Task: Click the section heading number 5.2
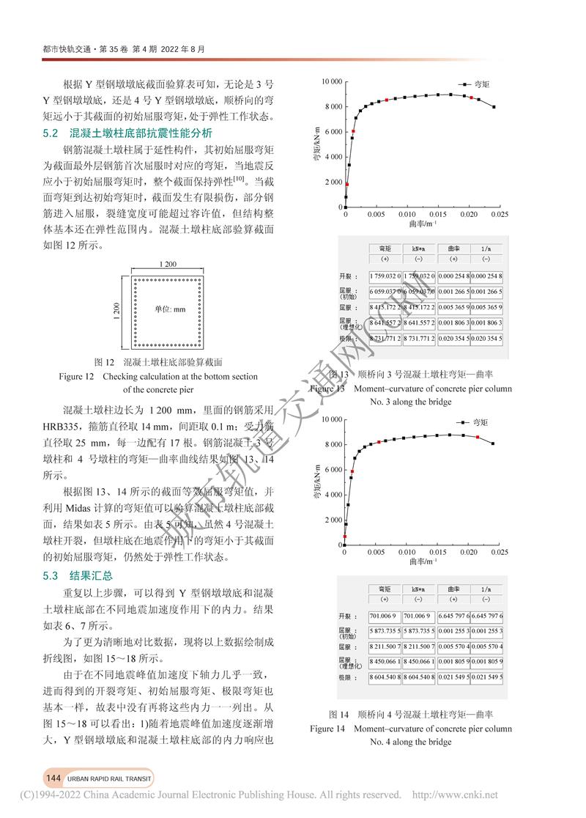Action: [51, 133]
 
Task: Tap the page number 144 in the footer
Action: [53, 778]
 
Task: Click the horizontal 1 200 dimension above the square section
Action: [168, 264]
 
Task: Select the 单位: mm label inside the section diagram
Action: [169, 309]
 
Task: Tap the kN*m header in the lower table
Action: [418, 589]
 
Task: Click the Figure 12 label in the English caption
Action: [77, 377]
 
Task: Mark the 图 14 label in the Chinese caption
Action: [338, 714]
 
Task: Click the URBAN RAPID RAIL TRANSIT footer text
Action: [108, 778]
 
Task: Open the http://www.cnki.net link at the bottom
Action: [456, 795]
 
